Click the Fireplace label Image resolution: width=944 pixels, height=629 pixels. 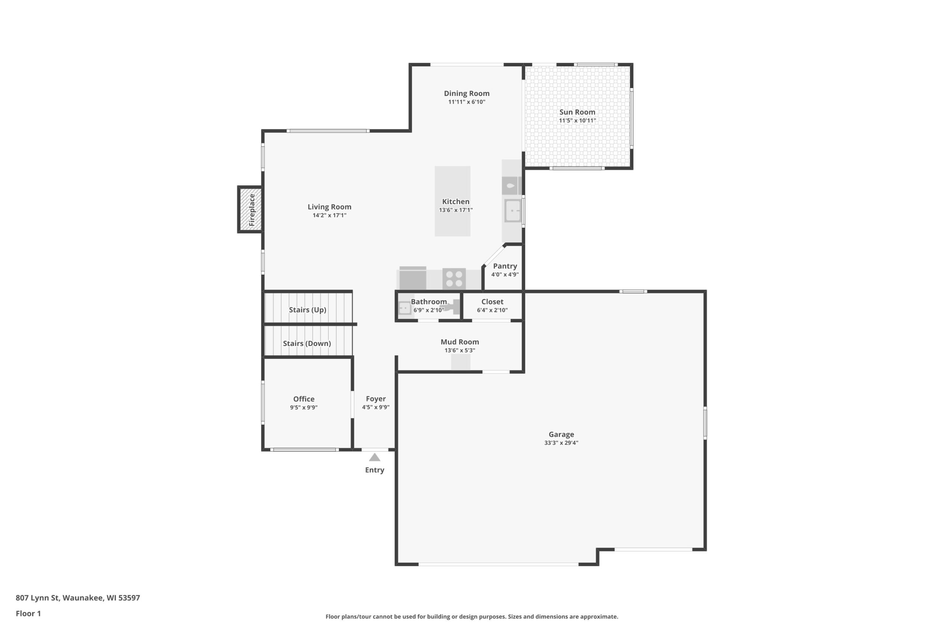(x=251, y=210)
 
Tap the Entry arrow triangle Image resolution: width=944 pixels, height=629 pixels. (x=375, y=457)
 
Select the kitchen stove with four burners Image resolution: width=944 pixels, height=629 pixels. (x=454, y=279)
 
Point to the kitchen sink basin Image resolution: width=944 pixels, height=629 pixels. (x=513, y=211)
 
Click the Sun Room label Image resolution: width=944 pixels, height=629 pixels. (x=577, y=112)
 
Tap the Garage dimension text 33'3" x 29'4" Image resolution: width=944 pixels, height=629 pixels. (x=561, y=443)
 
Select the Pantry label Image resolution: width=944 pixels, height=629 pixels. (x=505, y=266)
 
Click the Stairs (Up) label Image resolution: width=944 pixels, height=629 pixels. (x=308, y=310)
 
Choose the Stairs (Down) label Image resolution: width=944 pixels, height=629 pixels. (x=307, y=343)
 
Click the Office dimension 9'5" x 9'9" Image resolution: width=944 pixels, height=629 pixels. (x=304, y=408)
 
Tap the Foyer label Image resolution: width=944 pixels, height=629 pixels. (x=376, y=399)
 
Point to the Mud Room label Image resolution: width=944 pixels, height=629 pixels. (x=459, y=342)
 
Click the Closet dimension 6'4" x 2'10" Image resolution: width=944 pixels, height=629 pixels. (x=492, y=310)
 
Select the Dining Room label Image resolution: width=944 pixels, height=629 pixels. (x=466, y=94)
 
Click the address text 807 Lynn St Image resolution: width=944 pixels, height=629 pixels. (x=38, y=598)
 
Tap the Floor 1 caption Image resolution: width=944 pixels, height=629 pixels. (x=28, y=614)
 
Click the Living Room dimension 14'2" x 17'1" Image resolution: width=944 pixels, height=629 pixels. (x=330, y=216)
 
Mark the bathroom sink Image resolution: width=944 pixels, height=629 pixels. (x=405, y=308)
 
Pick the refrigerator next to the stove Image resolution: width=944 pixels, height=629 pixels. (x=413, y=278)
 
